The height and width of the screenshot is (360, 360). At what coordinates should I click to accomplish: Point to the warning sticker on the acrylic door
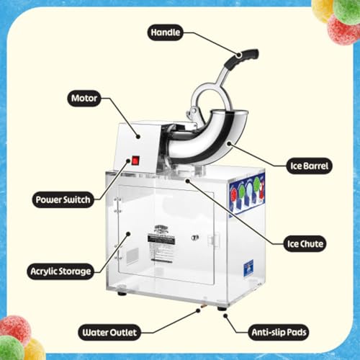pyautogui.click(x=162, y=241)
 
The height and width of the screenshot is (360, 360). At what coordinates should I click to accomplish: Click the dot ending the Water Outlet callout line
pyautogui.click(x=197, y=311)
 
